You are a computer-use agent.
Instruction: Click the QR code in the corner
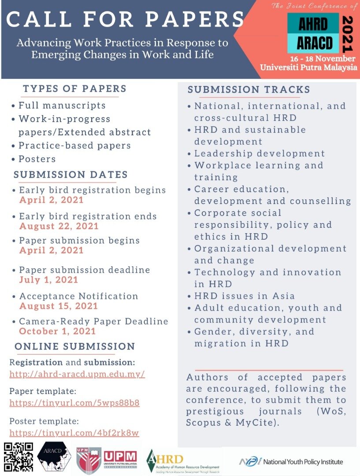coord(19,458)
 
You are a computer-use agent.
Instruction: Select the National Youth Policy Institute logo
coord(291,461)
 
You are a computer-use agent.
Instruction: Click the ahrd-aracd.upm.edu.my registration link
coord(77,375)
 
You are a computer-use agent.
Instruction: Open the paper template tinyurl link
coord(74,403)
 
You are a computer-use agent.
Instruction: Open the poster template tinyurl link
coord(74,433)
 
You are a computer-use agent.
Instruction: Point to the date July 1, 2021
coord(48,280)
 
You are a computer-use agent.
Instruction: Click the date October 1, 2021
coord(57,331)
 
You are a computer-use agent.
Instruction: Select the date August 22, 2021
coord(59,227)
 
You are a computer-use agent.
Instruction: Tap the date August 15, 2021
coord(59,306)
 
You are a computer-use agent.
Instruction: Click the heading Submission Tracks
coord(249,90)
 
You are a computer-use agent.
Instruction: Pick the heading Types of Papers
coord(74,89)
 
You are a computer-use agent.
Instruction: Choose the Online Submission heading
coord(74,346)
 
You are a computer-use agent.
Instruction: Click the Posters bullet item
coord(37,159)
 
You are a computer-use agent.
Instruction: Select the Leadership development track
coord(260,153)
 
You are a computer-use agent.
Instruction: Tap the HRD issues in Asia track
coord(245,296)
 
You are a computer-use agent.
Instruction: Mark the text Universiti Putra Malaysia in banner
coord(308,67)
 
